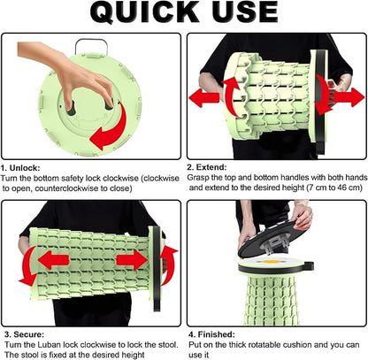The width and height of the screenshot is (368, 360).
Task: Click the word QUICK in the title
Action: tap(145, 12)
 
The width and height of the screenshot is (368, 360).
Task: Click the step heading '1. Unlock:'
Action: tap(20, 168)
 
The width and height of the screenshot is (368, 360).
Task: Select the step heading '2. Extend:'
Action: tap(207, 167)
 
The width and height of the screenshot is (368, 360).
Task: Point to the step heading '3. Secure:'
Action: tap(24, 334)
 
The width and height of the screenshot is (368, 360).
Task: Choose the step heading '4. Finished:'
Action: tap(211, 334)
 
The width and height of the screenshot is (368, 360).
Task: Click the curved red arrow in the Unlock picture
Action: tap(113, 128)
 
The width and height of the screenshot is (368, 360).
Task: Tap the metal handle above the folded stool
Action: tap(90, 46)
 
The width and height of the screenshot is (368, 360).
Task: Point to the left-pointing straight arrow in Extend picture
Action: tap(204, 97)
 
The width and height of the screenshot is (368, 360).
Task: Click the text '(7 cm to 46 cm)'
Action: tap(334, 188)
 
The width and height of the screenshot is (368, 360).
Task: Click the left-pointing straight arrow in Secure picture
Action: tap(53, 260)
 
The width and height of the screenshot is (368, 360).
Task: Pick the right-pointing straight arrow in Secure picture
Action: tap(132, 260)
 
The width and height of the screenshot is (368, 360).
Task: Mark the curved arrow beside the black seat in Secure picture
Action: tap(171, 265)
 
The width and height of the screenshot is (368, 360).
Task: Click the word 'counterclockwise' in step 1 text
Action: tap(67, 188)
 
